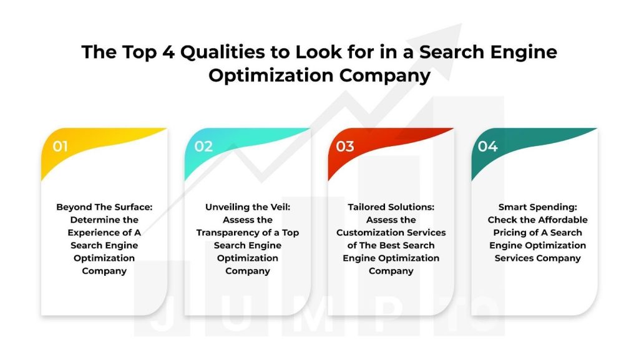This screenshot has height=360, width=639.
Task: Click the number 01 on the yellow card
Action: click(60, 146)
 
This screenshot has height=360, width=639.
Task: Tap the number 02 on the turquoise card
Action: click(203, 146)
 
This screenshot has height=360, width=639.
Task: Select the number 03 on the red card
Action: click(344, 146)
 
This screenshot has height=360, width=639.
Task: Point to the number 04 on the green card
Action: click(487, 146)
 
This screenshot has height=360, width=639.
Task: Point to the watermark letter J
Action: click(162, 314)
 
